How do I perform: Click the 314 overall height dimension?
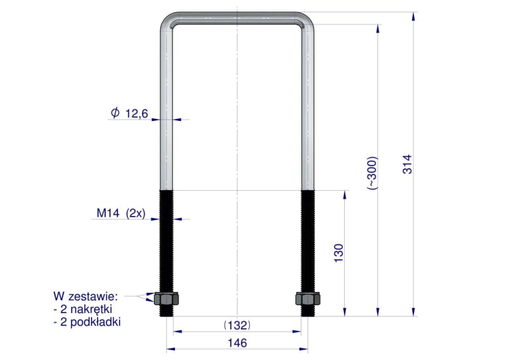coord(407,164)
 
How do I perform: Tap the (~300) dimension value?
coord(372,173)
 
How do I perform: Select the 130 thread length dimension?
coord(338,253)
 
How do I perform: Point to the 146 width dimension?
coord(238,343)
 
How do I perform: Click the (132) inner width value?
coord(238,325)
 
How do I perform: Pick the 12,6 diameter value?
coord(136,113)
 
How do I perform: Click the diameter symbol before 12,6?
coord(115,113)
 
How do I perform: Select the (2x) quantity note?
coord(135,213)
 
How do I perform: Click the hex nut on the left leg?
coord(166,299)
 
